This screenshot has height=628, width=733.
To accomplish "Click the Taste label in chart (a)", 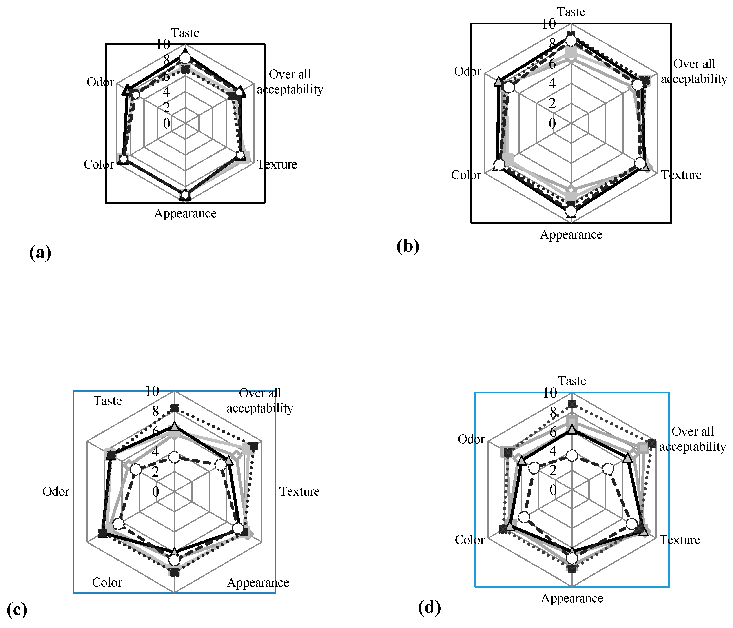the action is pos(185,33).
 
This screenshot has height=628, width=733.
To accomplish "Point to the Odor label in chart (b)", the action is pos(467,71).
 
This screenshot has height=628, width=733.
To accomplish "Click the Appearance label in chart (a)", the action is pos(185,214).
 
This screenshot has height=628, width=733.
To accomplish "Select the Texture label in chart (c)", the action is pos(299,491).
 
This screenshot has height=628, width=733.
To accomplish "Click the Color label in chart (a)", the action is pos(99,164).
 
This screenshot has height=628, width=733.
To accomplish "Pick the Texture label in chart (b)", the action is pos(681,175).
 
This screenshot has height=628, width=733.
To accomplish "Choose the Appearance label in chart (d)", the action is pos(572,598).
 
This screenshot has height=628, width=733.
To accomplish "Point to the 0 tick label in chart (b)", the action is pos(552,124).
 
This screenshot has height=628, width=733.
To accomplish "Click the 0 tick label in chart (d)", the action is pos(553,490).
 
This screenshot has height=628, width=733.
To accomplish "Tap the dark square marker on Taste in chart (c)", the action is pos(174,408).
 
